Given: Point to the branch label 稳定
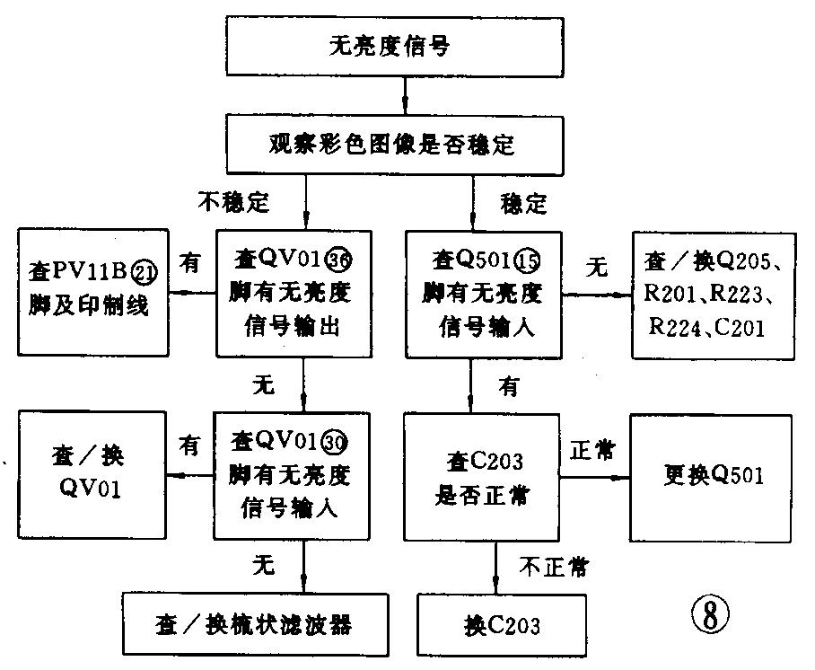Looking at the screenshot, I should coord(523,204).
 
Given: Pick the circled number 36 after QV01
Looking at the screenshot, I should coord(339,260).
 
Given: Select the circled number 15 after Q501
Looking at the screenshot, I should coord(529,261).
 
